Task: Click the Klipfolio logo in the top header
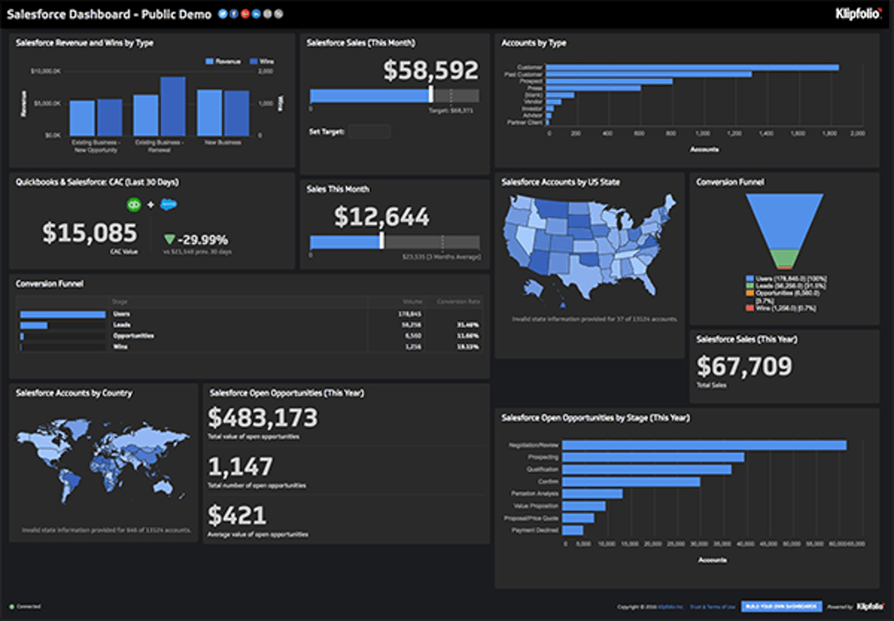(x=858, y=13)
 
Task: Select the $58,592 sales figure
(x=431, y=71)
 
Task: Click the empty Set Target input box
(x=370, y=132)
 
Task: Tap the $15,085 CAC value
(x=90, y=233)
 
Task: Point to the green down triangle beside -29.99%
(x=169, y=239)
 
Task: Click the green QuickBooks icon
(x=134, y=205)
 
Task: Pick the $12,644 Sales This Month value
(x=382, y=217)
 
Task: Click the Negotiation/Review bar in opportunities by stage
(x=704, y=445)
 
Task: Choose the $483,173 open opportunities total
(x=263, y=418)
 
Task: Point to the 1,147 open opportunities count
(x=241, y=467)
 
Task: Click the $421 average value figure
(x=237, y=516)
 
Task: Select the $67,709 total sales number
(x=744, y=366)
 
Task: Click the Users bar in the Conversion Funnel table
(x=63, y=315)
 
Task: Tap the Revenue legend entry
(x=223, y=62)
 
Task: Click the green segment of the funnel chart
(x=784, y=258)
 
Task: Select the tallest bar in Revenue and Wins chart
(x=173, y=106)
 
